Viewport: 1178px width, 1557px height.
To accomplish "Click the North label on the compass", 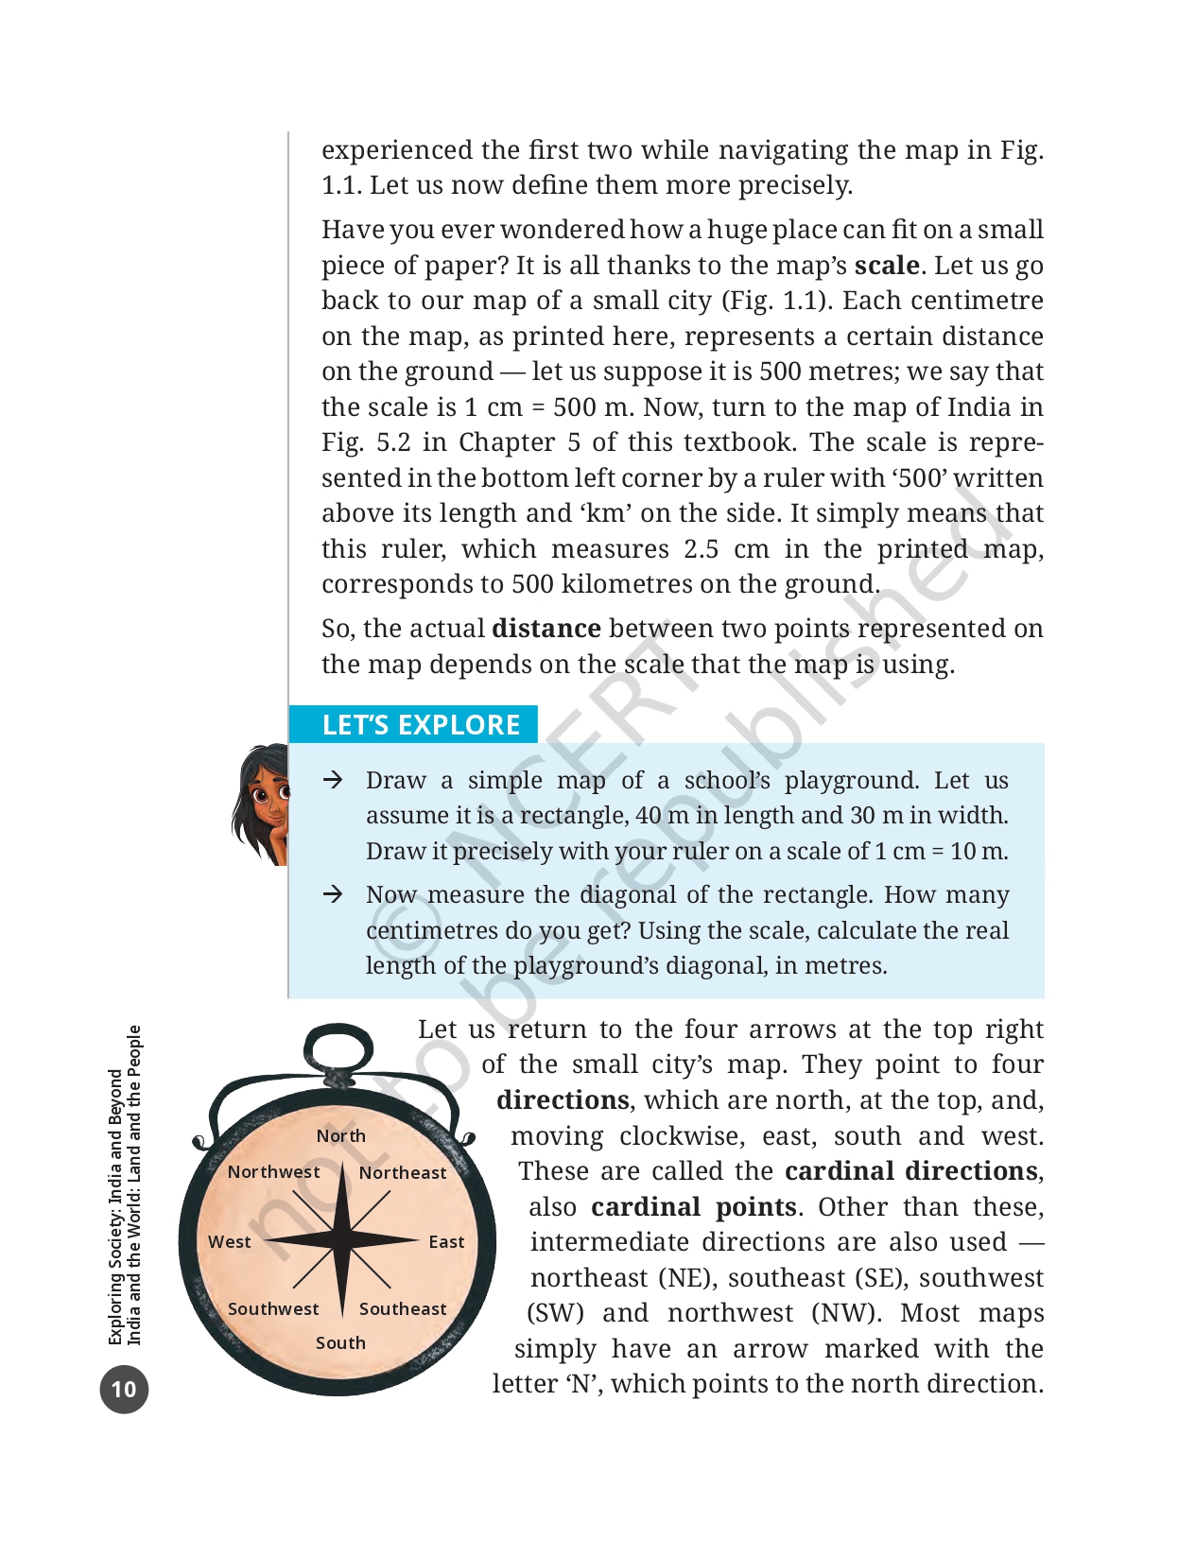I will (x=340, y=1135).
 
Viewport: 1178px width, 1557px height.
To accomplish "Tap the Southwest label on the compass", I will (x=273, y=1308).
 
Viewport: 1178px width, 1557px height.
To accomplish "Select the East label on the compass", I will (x=446, y=1241).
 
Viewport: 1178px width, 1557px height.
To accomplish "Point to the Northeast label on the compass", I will (x=403, y=1172).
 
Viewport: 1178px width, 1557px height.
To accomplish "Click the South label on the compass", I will (x=340, y=1342).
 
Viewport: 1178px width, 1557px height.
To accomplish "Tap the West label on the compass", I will (x=230, y=1241).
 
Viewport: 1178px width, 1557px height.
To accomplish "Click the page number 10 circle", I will (x=124, y=1389).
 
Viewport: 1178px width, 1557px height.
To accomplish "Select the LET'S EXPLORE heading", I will (x=421, y=724).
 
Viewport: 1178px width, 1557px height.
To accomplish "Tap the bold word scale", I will (x=886, y=265).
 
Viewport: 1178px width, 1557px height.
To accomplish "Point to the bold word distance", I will (x=546, y=629).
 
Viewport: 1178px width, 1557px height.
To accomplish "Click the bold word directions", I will (x=563, y=1100).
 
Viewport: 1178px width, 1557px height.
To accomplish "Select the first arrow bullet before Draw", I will (x=332, y=780).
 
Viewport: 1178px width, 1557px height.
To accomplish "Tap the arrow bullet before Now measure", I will (x=332, y=894).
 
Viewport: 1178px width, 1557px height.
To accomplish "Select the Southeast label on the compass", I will (x=403, y=1308).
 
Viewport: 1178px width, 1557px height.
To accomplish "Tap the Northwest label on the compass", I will (x=273, y=1171).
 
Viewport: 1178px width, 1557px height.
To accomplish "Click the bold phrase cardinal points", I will (x=693, y=1207).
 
